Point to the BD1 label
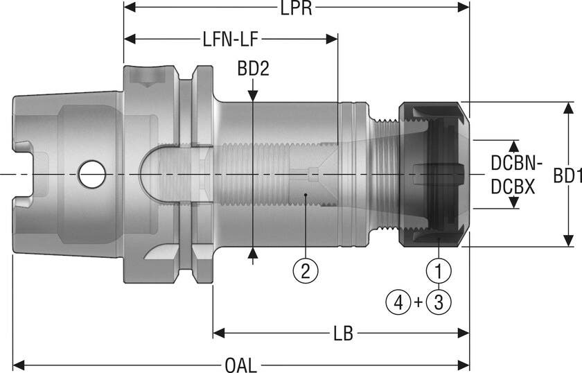click(x=566, y=175)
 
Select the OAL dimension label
click(x=240, y=365)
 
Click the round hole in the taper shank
click(x=91, y=173)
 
